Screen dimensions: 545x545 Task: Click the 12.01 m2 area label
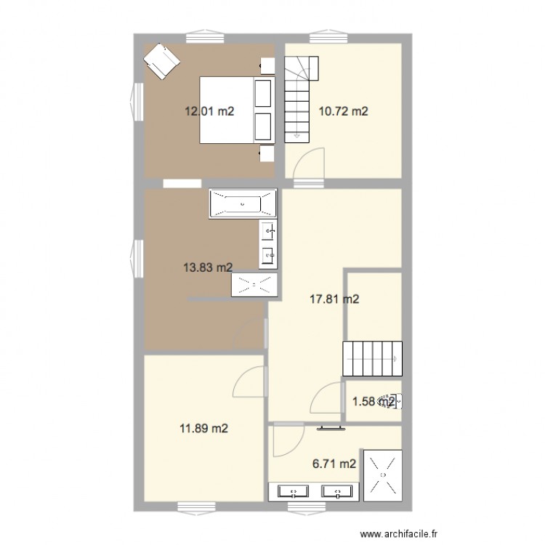point(209,112)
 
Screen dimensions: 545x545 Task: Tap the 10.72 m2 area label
point(344,112)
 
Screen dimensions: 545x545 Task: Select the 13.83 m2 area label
point(207,267)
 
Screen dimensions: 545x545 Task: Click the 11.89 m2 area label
point(204,429)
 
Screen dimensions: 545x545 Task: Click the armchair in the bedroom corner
point(161,60)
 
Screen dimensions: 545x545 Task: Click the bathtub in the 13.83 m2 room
point(243,203)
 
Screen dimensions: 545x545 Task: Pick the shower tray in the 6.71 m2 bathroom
point(381,474)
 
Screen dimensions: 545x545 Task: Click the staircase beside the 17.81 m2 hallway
point(371,358)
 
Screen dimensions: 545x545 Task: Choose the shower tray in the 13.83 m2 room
point(254,285)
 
